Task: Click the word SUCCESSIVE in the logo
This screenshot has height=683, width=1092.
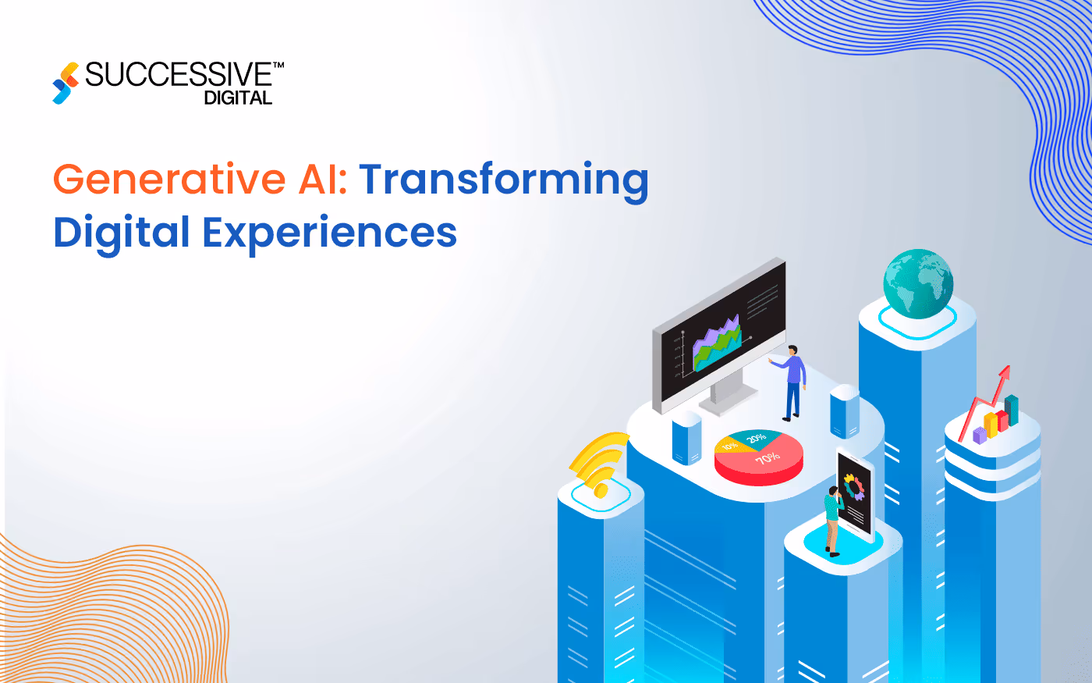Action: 178,75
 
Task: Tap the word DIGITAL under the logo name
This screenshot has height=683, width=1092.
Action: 238,98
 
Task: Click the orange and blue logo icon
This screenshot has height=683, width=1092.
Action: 66,83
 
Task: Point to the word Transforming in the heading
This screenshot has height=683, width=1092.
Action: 504,180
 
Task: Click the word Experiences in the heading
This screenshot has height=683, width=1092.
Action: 330,233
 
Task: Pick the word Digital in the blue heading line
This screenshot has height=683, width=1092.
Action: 122,233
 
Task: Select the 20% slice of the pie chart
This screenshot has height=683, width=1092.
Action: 755,438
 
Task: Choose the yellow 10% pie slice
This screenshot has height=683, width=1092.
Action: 729,446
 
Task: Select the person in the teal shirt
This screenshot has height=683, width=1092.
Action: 832,518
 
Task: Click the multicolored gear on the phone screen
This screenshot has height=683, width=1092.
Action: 855,488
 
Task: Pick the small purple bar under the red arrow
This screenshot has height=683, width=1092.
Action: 980,435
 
